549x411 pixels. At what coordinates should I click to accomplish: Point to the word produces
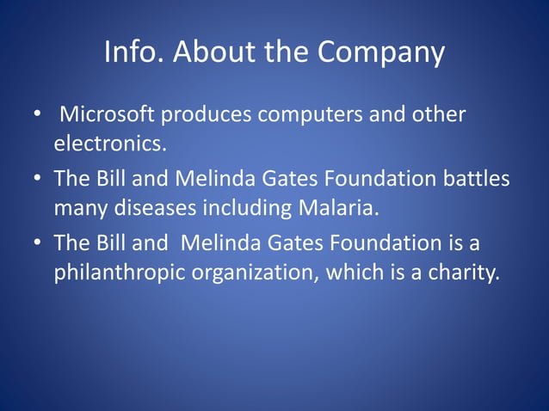click(x=207, y=114)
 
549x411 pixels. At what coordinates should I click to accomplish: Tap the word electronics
click(x=109, y=144)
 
